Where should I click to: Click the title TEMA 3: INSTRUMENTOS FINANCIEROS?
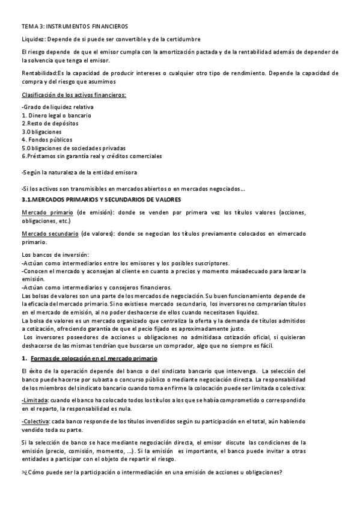coord(75,27)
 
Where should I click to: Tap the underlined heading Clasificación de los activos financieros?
coord(74,95)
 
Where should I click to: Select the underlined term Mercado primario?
coord(47,212)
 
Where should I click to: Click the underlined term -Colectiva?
coord(35,422)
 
